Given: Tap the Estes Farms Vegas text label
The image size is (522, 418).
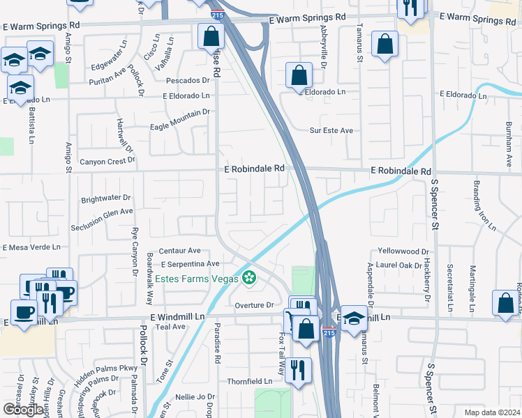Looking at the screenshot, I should pos(197,279).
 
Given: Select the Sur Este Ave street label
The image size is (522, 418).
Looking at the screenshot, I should pos(331,130).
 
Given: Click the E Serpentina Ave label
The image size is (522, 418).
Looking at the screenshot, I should pos(190,264).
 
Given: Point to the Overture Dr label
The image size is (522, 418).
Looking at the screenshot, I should pos(253,305).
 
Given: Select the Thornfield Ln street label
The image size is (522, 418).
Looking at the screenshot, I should pos(249,382).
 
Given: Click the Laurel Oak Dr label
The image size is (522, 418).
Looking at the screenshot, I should pos(398,265).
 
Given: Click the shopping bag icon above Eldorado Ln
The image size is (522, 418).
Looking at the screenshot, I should pos(299,76).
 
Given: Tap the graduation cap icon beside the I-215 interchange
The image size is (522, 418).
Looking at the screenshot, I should pos(355,318).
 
